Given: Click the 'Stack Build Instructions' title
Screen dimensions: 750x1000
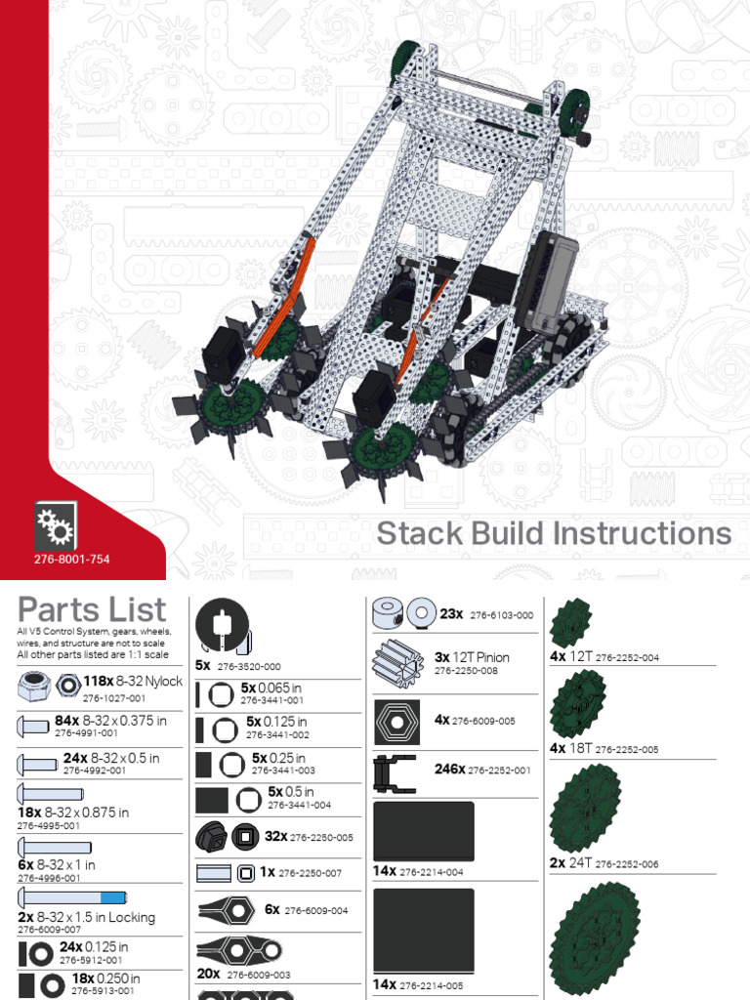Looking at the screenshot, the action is [x=554, y=534].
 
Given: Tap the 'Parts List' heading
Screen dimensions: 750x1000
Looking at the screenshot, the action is [x=92, y=610].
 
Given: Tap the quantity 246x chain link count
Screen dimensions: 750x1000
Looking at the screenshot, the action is [x=449, y=769].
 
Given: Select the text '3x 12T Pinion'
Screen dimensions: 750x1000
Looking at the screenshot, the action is [x=473, y=657].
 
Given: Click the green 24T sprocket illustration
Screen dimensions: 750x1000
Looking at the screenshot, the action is [x=585, y=808].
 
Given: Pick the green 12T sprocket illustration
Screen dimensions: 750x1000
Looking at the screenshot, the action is [x=570, y=622].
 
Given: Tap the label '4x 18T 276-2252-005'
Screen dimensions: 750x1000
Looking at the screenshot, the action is [x=604, y=749].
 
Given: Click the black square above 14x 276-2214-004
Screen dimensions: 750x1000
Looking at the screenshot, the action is [x=423, y=830].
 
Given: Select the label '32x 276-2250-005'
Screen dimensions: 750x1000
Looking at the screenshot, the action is [x=309, y=837].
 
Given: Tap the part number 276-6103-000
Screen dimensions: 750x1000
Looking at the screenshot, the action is [x=501, y=615].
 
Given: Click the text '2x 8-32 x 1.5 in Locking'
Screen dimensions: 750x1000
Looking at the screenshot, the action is [x=86, y=918].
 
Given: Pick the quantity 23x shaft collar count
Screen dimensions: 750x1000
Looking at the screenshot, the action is [x=451, y=613].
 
